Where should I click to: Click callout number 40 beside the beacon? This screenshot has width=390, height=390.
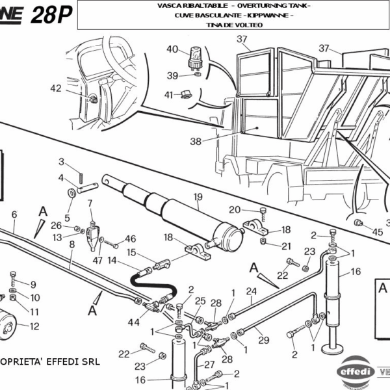point(172,49)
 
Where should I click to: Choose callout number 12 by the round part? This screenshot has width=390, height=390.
point(34,326)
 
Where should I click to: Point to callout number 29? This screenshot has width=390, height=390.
point(263,339)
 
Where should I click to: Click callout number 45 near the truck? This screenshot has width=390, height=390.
point(378,231)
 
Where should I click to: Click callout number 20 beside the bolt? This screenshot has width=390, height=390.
point(235,209)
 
